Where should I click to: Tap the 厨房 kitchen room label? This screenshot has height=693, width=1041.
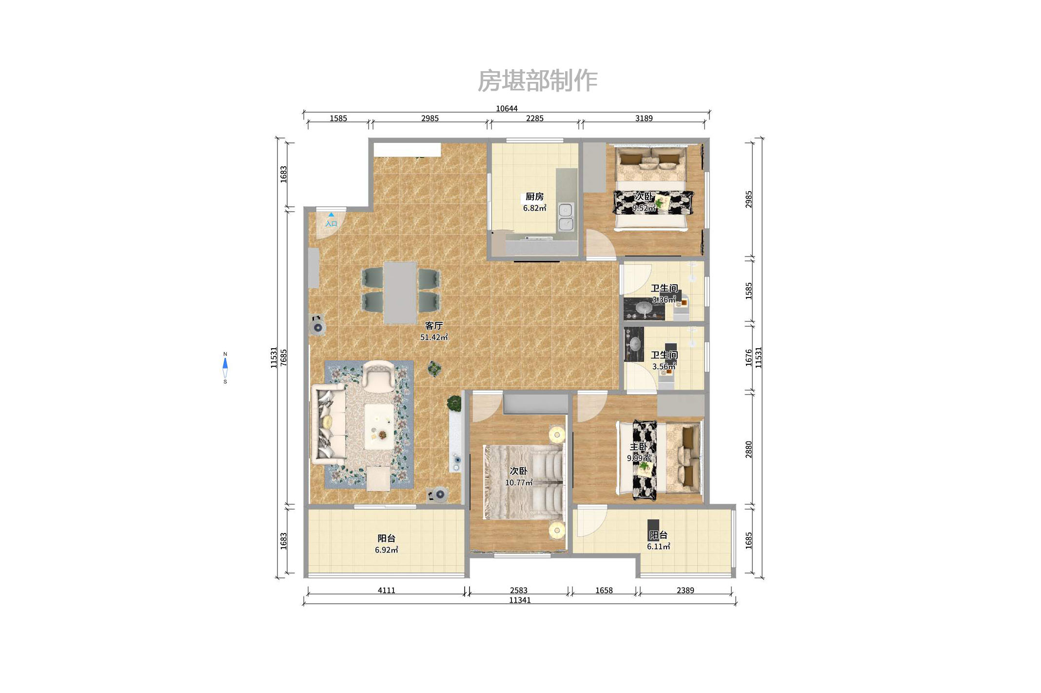534,197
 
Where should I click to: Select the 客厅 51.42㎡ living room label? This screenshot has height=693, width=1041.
433,331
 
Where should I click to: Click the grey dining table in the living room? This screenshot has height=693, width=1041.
400,293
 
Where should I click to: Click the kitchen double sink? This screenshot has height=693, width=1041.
566,217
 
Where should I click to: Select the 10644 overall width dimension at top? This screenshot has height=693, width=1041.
507,108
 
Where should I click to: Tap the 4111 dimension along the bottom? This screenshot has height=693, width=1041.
386,590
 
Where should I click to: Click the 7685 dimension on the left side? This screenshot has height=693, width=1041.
284,358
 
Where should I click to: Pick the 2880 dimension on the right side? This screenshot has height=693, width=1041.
748,449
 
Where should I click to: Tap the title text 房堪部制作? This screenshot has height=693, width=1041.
537,80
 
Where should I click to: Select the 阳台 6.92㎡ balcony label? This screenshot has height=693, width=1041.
386,544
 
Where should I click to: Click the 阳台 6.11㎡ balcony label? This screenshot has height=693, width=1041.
658,540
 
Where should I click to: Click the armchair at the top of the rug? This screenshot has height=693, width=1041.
378,376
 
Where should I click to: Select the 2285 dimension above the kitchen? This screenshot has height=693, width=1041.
534,118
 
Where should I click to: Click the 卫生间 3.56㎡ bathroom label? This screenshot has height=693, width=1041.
664,360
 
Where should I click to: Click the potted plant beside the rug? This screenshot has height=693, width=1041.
434,369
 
